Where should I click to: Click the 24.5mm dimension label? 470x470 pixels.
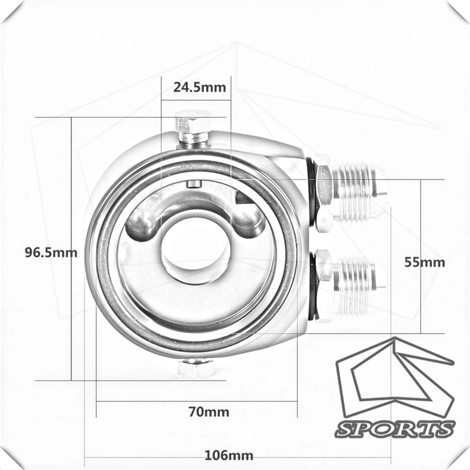199,87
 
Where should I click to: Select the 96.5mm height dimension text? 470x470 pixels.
51,252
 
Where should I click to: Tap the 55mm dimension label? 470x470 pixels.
425,262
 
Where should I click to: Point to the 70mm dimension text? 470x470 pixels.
209,412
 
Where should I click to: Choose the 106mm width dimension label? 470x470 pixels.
229,455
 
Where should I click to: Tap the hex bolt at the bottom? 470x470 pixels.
196,368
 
